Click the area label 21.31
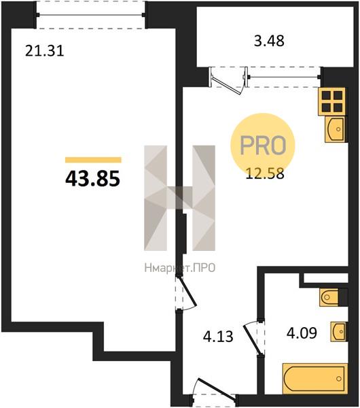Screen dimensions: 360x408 coord(44,51)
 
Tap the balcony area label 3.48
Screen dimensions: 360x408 coord(269,41)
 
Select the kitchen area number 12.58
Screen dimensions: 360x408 coord(265,174)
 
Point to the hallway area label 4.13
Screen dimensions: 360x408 coord(218,337)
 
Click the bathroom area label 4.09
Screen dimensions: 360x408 coord(302,333)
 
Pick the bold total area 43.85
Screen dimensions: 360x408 coord(92,179)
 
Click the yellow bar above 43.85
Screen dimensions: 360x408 coord(93,160)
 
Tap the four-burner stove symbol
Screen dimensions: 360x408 coord(332,101)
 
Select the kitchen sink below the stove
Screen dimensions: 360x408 coord(335,129)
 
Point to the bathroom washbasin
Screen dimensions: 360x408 coord(338,332)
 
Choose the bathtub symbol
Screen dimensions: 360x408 coord(314,378)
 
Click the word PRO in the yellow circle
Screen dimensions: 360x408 coord(263,145)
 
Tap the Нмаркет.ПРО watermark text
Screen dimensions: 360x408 coord(180,268)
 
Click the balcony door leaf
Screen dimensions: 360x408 coord(227,84)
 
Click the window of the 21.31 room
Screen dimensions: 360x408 coord(91,14)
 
